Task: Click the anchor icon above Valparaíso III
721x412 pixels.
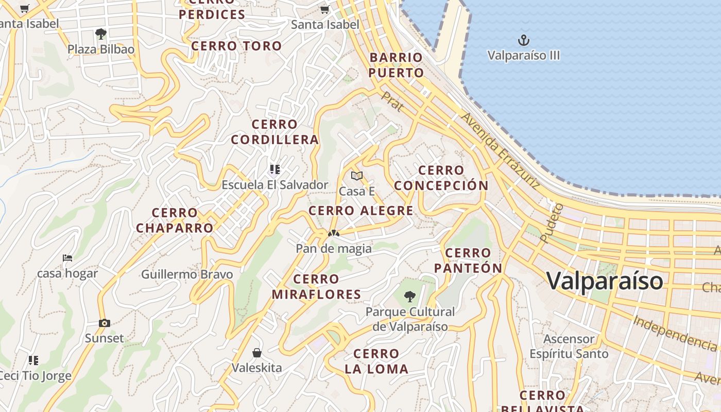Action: [523, 40]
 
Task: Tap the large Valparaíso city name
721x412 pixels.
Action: [605, 281]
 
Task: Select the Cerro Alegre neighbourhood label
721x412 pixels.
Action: [360, 211]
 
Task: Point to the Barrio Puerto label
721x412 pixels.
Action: [396, 65]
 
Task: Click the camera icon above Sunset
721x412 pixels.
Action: [105, 323]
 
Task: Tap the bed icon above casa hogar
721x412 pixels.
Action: [67, 258]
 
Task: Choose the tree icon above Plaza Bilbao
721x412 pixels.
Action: [101, 35]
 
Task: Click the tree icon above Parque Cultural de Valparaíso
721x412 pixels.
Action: [410, 296]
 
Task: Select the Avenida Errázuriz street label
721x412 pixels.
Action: [500, 150]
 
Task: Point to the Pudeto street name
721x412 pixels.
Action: [552, 223]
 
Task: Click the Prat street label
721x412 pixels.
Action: [392, 101]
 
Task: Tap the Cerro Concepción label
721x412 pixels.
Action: [441, 178]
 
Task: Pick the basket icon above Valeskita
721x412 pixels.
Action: [257, 353]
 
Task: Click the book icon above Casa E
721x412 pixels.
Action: [357, 176]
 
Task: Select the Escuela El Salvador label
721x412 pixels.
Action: [274, 185]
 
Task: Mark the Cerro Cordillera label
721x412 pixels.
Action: [274, 132]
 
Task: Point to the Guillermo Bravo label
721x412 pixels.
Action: [187, 274]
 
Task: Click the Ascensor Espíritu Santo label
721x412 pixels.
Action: [569, 347]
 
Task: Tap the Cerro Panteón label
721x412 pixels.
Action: [468, 261]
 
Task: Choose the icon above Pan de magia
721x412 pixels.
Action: [333, 234]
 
